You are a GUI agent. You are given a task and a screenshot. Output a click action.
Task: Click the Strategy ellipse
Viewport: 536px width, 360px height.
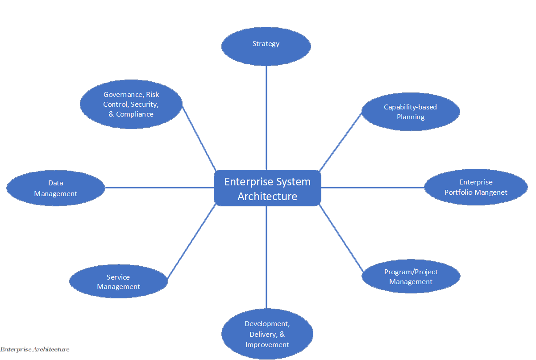click(266, 45)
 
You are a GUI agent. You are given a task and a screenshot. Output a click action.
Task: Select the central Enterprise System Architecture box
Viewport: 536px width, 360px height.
click(267, 188)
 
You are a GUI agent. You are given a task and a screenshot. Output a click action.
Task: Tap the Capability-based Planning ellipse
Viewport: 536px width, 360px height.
click(411, 112)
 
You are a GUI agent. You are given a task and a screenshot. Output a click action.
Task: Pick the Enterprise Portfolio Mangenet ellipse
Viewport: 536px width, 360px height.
click(476, 187)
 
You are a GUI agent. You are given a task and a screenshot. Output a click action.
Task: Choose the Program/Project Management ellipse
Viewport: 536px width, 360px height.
click(411, 277)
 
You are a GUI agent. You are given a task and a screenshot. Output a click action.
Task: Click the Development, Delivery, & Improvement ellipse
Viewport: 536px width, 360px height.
click(267, 334)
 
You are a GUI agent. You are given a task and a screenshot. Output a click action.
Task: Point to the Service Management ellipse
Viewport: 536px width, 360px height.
click(118, 282)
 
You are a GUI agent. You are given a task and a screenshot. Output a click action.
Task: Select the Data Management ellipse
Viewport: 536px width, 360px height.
click(56, 188)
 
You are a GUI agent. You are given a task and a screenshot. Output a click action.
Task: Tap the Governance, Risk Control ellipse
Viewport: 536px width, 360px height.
click(131, 104)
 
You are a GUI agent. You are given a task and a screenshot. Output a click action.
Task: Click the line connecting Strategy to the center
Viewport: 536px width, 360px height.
click(266, 118)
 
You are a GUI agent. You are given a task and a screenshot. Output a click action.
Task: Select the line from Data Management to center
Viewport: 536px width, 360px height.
click(159, 188)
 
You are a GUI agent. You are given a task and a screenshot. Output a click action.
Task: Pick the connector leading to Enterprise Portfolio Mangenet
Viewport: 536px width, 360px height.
click(373, 188)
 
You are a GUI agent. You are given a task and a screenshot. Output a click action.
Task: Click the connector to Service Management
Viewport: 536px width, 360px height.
click(192, 241)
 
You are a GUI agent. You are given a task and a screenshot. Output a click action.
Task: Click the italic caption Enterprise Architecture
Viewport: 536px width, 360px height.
click(35, 349)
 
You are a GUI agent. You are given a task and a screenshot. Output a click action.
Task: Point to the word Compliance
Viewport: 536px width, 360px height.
click(135, 114)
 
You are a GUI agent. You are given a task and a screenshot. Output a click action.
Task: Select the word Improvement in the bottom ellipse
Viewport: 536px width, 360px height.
click(267, 345)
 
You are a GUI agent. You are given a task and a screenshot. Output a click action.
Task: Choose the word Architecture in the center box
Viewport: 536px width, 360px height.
click(267, 197)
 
